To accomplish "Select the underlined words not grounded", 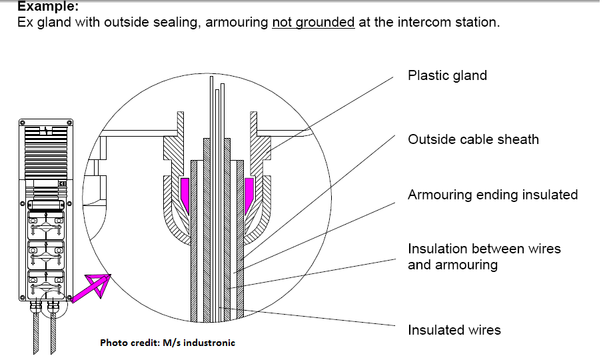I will click(x=313, y=23).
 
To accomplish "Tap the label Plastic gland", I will click(x=447, y=75).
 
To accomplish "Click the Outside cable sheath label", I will click(x=473, y=139).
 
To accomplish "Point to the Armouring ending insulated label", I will click(x=492, y=195).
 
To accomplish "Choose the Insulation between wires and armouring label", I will click(x=484, y=257).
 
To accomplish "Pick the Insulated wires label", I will click(x=454, y=330).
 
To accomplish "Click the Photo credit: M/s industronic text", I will click(x=167, y=343).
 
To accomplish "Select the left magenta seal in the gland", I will click(x=185, y=192).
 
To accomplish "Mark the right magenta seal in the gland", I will click(x=249, y=192).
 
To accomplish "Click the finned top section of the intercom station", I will click(x=45, y=150).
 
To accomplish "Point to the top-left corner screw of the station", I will click(x=21, y=123).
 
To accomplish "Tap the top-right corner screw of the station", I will click(x=69, y=123).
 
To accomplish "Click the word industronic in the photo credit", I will click(x=209, y=343).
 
